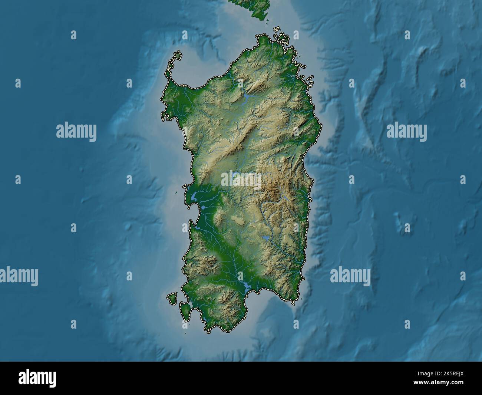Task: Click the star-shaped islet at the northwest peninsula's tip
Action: tap(178, 56)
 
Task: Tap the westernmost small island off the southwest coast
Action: tap(172, 297)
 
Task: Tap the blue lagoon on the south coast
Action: tap(245, 286)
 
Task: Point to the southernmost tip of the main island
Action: tap(208, 330)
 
